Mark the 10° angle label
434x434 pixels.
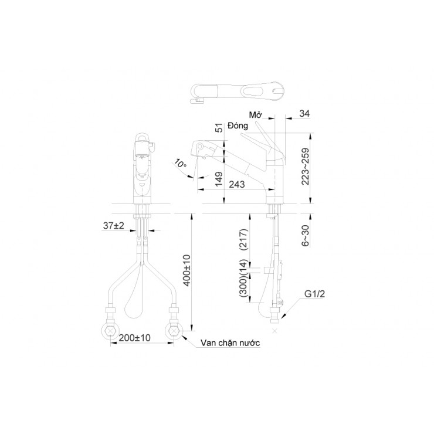(181, 165)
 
